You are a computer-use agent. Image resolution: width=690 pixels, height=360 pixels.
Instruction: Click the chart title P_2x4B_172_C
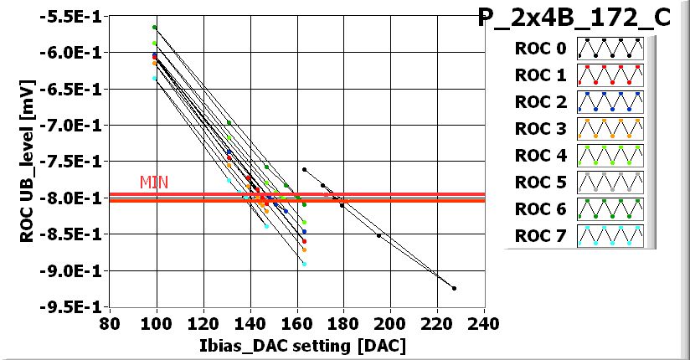pos(574,18)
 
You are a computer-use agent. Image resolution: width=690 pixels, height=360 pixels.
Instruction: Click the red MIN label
pos(153,182)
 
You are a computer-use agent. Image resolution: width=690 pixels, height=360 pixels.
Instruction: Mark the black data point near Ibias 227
pos(454,288)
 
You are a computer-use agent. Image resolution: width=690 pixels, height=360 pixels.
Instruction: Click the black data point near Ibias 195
pos(379,236)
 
